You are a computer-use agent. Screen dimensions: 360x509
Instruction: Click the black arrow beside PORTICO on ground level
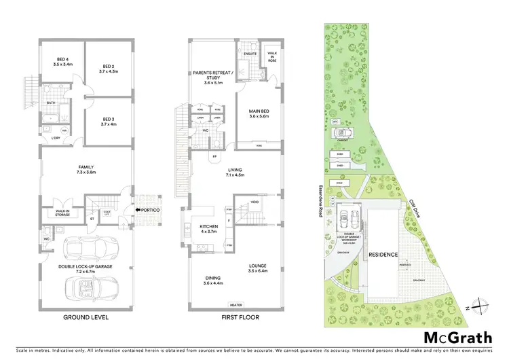point(137,210)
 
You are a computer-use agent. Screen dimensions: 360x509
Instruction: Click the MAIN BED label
point(260,113)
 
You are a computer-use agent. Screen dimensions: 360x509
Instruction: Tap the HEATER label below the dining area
point(236,305)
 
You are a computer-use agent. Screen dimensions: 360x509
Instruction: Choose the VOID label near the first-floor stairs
point(254,202)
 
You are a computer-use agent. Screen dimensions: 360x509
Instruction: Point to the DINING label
point(213,278)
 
